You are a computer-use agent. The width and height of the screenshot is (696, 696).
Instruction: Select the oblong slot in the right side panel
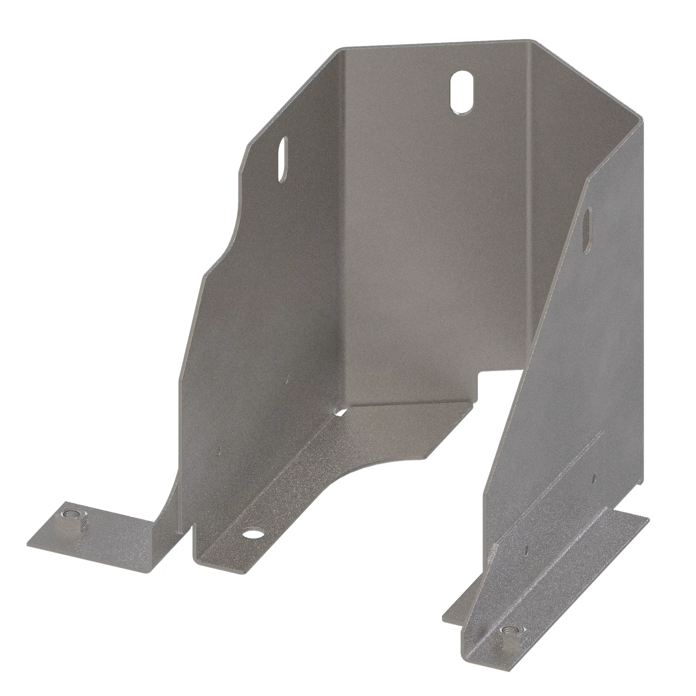tap(587, 231)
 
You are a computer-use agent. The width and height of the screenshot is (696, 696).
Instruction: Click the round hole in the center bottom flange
tap(253, 533)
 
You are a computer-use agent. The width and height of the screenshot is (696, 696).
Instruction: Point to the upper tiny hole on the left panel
tap(287, 378)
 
